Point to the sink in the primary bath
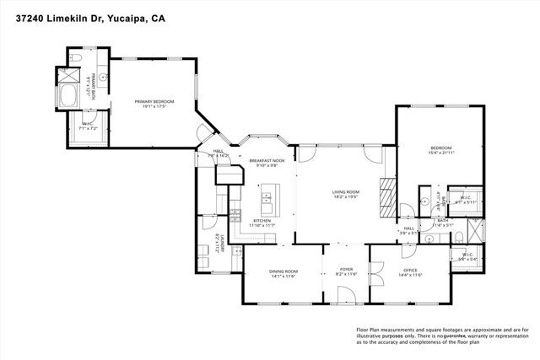click(x=103, y=75)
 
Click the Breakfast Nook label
click(x=266, y=160)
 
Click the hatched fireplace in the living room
click(x=387, y=195)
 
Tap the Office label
click(x=410, y=271)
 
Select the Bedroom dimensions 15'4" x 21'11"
click(x=440, y=153)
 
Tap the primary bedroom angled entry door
click(x=203, y=135)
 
